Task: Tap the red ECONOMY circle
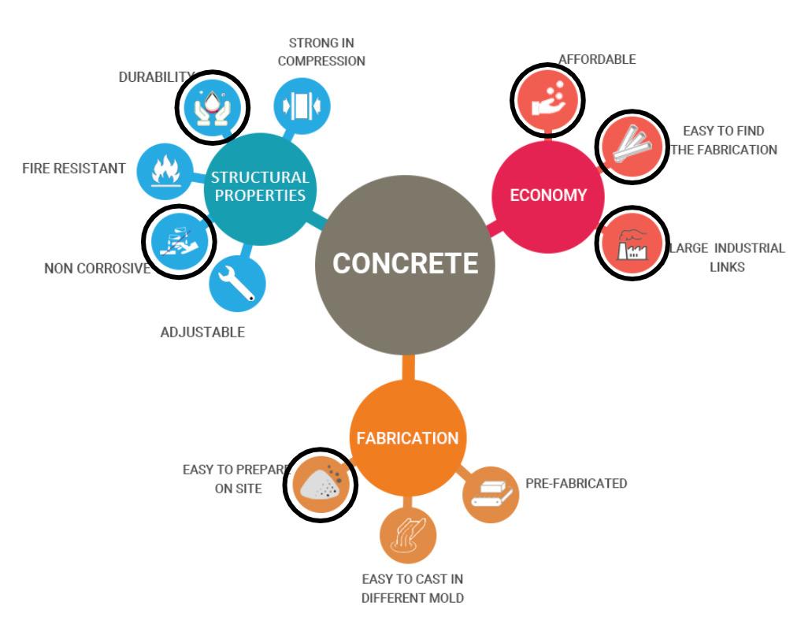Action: (x=548, y=195)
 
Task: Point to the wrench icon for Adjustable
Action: (x=237, y=284)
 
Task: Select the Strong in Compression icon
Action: (x=302, y=106)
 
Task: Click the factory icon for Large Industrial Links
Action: (x=628, y=243)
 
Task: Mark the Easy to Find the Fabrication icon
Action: (x=629, y=147)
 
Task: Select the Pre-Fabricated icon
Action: (x=491, y=493)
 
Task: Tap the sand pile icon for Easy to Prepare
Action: (x=321, y=486)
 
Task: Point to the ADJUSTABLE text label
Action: (x=202, y=332)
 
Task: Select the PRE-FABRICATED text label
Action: (x=576, y=483)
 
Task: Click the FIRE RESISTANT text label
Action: (x=74, y=169)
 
